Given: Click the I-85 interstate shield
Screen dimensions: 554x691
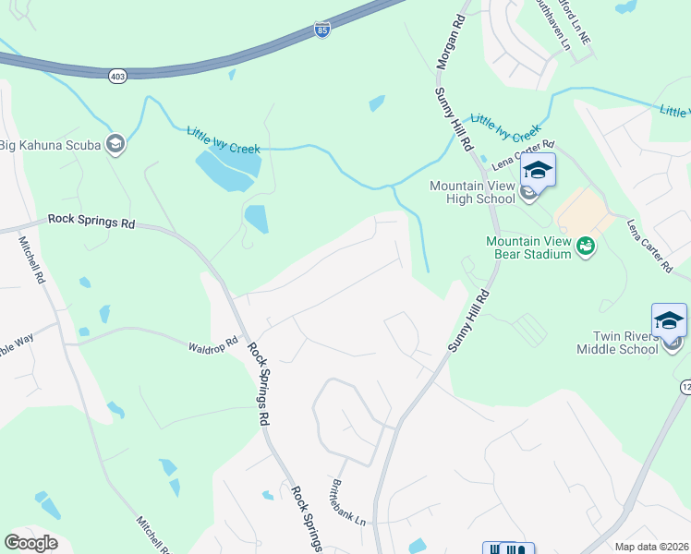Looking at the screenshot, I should coord(320,31).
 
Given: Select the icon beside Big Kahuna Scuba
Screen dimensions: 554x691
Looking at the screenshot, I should coord(115,144).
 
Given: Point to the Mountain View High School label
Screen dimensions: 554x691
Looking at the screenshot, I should coord(472,192).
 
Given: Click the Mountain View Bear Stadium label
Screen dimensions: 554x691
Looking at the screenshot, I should coord(527,247).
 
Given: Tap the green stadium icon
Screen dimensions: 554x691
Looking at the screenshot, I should coord(585,246).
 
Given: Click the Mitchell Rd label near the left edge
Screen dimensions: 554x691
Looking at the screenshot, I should coord(30,259).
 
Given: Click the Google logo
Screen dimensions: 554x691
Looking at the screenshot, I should coord(30,543).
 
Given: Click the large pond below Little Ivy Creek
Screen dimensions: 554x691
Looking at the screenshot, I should coord(228,168).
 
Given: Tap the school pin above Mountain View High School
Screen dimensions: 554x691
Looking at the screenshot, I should coord(538,171).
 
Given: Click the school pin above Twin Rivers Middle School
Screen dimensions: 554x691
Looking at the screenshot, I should coord(669,320).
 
